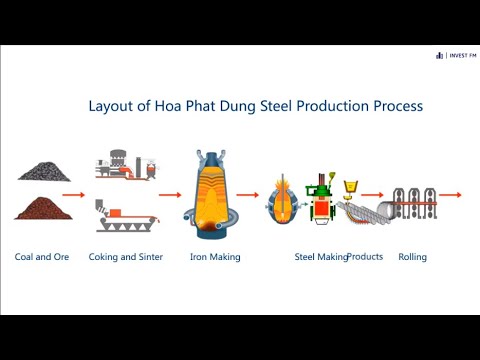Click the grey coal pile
(x=44, y=172)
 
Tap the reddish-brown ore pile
(x=43, y=209)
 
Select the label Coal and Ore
(x=42, y=257)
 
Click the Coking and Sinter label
(x=126, y=257)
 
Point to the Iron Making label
(x=215, y=257)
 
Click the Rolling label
(x=413, y=257)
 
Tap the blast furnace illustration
(x=211, y=195)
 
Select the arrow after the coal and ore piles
(x=74, y=195)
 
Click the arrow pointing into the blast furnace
(x=170, y=195)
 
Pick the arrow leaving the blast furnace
(x=248, y=195)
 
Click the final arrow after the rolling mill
(x=450, y=195)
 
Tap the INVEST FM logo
(x=456, y=55)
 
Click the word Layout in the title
(x=111, y=106)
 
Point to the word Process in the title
(x=398, y=106)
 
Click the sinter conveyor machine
(x=127, y=216)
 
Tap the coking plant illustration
(x=126, y=165)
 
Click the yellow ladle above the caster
(x=350, y=186)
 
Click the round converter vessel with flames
(x=283, y=200)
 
